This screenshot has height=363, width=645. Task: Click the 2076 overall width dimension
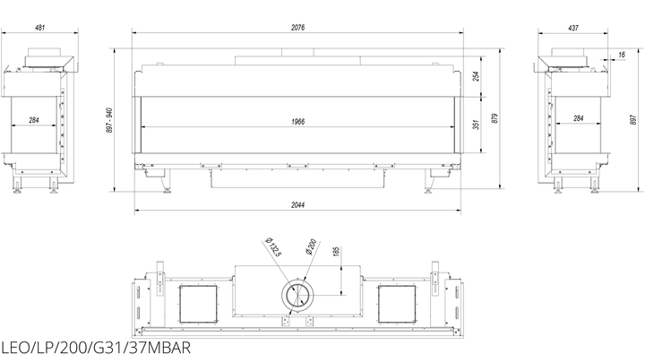coord(297,28)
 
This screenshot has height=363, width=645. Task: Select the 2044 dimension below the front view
coord(297,204)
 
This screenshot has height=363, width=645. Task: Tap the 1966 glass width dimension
coord(297,121)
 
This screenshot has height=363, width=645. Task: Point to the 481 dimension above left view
coord(40,28)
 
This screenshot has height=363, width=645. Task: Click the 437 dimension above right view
coord(573,28)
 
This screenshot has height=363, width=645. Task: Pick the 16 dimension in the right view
coord(622,55)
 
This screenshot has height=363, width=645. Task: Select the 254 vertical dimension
coord(476,76)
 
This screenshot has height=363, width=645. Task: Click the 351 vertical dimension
coord(476,125)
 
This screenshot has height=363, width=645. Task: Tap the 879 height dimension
coord(494,118)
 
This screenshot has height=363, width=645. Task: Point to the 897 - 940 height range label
coord(109,120)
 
